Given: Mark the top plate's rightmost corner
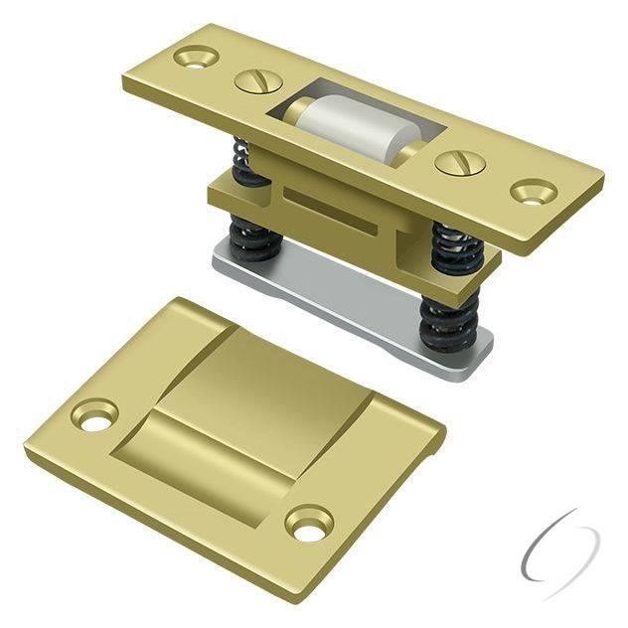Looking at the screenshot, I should click(x=604, y=179).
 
